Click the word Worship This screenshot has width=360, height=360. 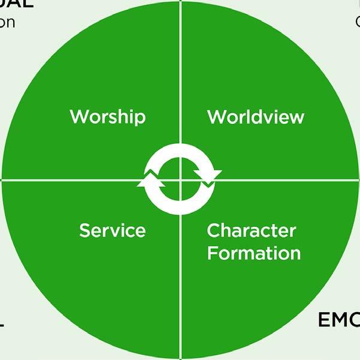[x=107, y=116]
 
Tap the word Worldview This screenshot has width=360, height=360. [x=256, y=116]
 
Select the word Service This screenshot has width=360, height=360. [x=112, y=230]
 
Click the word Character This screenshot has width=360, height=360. [x=252, y=230]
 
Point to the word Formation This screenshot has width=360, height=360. [x=254, y=252]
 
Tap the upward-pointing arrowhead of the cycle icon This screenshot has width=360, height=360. [x=149, y=180]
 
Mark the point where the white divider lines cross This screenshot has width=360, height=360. [x=180, y=179]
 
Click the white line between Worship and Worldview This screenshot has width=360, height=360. [x=180, y=72]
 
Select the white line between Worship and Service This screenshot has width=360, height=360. [x=72, y=179]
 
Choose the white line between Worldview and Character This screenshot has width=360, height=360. [x=288, y=179]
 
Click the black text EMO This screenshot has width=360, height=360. [x=339, y=320]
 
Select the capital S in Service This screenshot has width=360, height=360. [x=84, y=230]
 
